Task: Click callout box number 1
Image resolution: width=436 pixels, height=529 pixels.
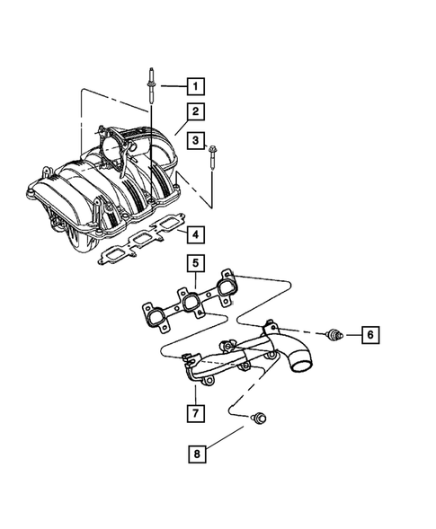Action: click(194, 87)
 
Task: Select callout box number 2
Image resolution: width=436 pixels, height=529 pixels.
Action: click(194, 112)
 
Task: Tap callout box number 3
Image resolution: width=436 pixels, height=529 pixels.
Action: click(194, 138)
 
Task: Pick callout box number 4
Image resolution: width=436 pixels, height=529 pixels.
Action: click(194, 235)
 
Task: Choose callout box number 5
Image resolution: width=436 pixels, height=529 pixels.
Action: click(194, 265)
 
